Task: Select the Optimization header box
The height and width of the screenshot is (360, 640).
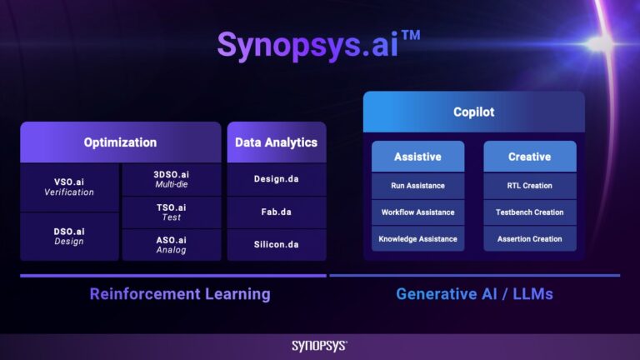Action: pos(120,142)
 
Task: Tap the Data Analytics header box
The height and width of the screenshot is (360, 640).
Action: pos(276,142)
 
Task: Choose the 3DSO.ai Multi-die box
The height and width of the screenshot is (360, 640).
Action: pos(171,179)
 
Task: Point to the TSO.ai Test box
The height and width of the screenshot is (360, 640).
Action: pos(171,212)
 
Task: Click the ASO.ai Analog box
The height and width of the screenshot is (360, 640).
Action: pos(171,244)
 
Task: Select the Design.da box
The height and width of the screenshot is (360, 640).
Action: pos(276,179)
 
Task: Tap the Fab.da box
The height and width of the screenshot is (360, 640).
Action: pos(276,212)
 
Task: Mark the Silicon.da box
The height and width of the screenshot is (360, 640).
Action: pos(276,244)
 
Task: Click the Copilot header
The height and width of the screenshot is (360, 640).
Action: pos(473,112)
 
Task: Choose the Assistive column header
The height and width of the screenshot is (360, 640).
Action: pos(417,157)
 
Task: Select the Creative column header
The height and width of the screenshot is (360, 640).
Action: pos(529,157)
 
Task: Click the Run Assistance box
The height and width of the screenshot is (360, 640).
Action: pos(417,186)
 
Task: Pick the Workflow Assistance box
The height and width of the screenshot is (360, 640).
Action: pos(417,212)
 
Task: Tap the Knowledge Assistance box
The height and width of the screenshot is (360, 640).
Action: pos(417,239)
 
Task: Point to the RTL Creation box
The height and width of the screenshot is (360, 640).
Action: pos(529,186)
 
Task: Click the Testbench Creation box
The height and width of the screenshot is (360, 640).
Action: pos(529,212)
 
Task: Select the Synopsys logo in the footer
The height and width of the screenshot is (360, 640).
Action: pos(319,346)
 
